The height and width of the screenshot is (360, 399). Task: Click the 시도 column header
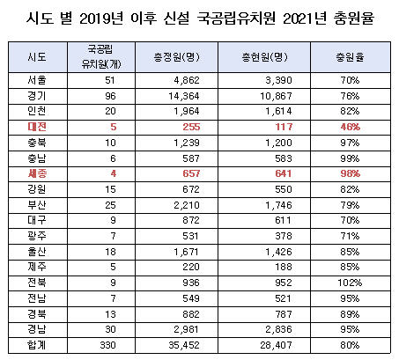[x=37, y=57]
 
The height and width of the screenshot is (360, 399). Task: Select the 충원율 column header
[x=350, y=57]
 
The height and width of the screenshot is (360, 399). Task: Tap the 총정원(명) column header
[x=176, y=57]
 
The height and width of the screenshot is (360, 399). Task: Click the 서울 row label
[x=37, y=80]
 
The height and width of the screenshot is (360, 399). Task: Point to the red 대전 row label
[x=37, y=127]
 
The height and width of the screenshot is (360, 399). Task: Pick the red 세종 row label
[x=37, y=173]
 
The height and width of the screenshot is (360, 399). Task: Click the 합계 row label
[x=37, y=345]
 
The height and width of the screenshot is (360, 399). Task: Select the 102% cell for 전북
[x=350, y=283]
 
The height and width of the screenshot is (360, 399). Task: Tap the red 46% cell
[x=350, y=127]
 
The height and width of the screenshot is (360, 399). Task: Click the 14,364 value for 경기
[x=184, y=96]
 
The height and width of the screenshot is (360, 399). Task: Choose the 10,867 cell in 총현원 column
[x=276, y=96]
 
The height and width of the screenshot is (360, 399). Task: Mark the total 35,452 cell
[x=184, y=345]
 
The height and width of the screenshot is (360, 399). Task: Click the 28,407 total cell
[x=276, y=345]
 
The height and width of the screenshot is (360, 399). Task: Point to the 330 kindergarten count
[x=107, y=345]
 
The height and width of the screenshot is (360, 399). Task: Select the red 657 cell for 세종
[x=191, y=173]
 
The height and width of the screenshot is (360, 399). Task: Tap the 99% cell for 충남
[x=350, y=158]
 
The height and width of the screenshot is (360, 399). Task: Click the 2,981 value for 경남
[x=186, y=329]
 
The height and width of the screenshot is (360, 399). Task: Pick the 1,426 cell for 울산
[x=278, y=252]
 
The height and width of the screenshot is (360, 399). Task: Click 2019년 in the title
[x=101, y=18]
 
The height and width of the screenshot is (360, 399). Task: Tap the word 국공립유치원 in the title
[x=236, y=18]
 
